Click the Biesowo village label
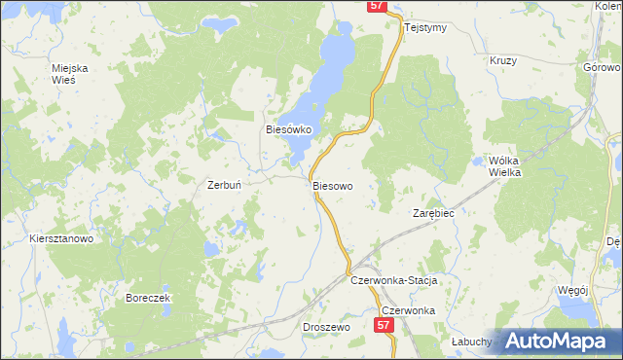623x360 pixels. [332, 184]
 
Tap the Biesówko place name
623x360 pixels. [287, 128]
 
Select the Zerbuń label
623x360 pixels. [225, 184]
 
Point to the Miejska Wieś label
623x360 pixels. [70, 73]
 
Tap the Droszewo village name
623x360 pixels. [326, 328]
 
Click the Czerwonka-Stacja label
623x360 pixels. [394, 280]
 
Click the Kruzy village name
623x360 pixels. [503, 60]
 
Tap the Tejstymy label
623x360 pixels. [424, 27]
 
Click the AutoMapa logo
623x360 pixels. [558, 341]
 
